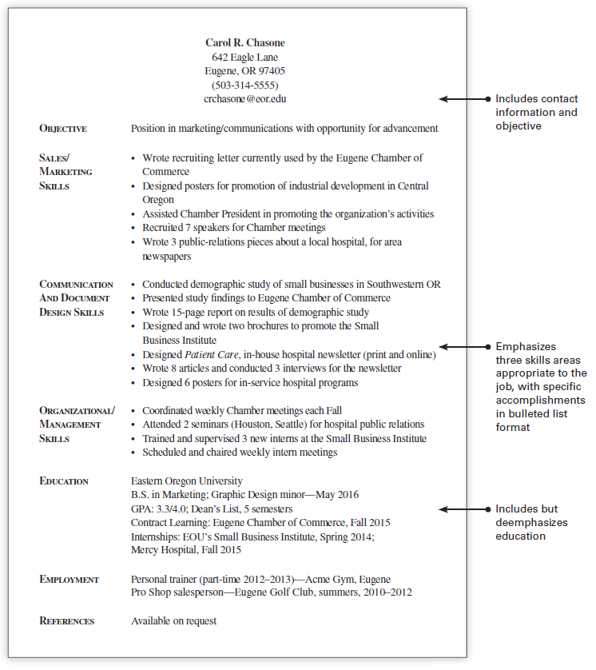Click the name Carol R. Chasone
coord(244,43)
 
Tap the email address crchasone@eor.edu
coord(244,99)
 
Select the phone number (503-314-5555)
coord(244,85)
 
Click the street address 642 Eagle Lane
coord(244,58)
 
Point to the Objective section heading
coord(63,129)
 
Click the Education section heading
coord(64,481)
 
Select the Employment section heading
coord(70,580)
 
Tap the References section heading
coord(67,621)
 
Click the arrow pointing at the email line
coord(463,99)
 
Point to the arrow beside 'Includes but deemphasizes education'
coord(463,509)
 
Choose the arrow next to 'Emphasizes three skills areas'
coord(463,347)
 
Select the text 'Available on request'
coord(173,621)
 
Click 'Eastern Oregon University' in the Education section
coord(186,481)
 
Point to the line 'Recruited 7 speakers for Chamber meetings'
coord(233,228)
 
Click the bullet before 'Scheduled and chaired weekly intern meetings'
coord(133,453)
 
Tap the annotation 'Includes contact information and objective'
coord(536,113)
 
